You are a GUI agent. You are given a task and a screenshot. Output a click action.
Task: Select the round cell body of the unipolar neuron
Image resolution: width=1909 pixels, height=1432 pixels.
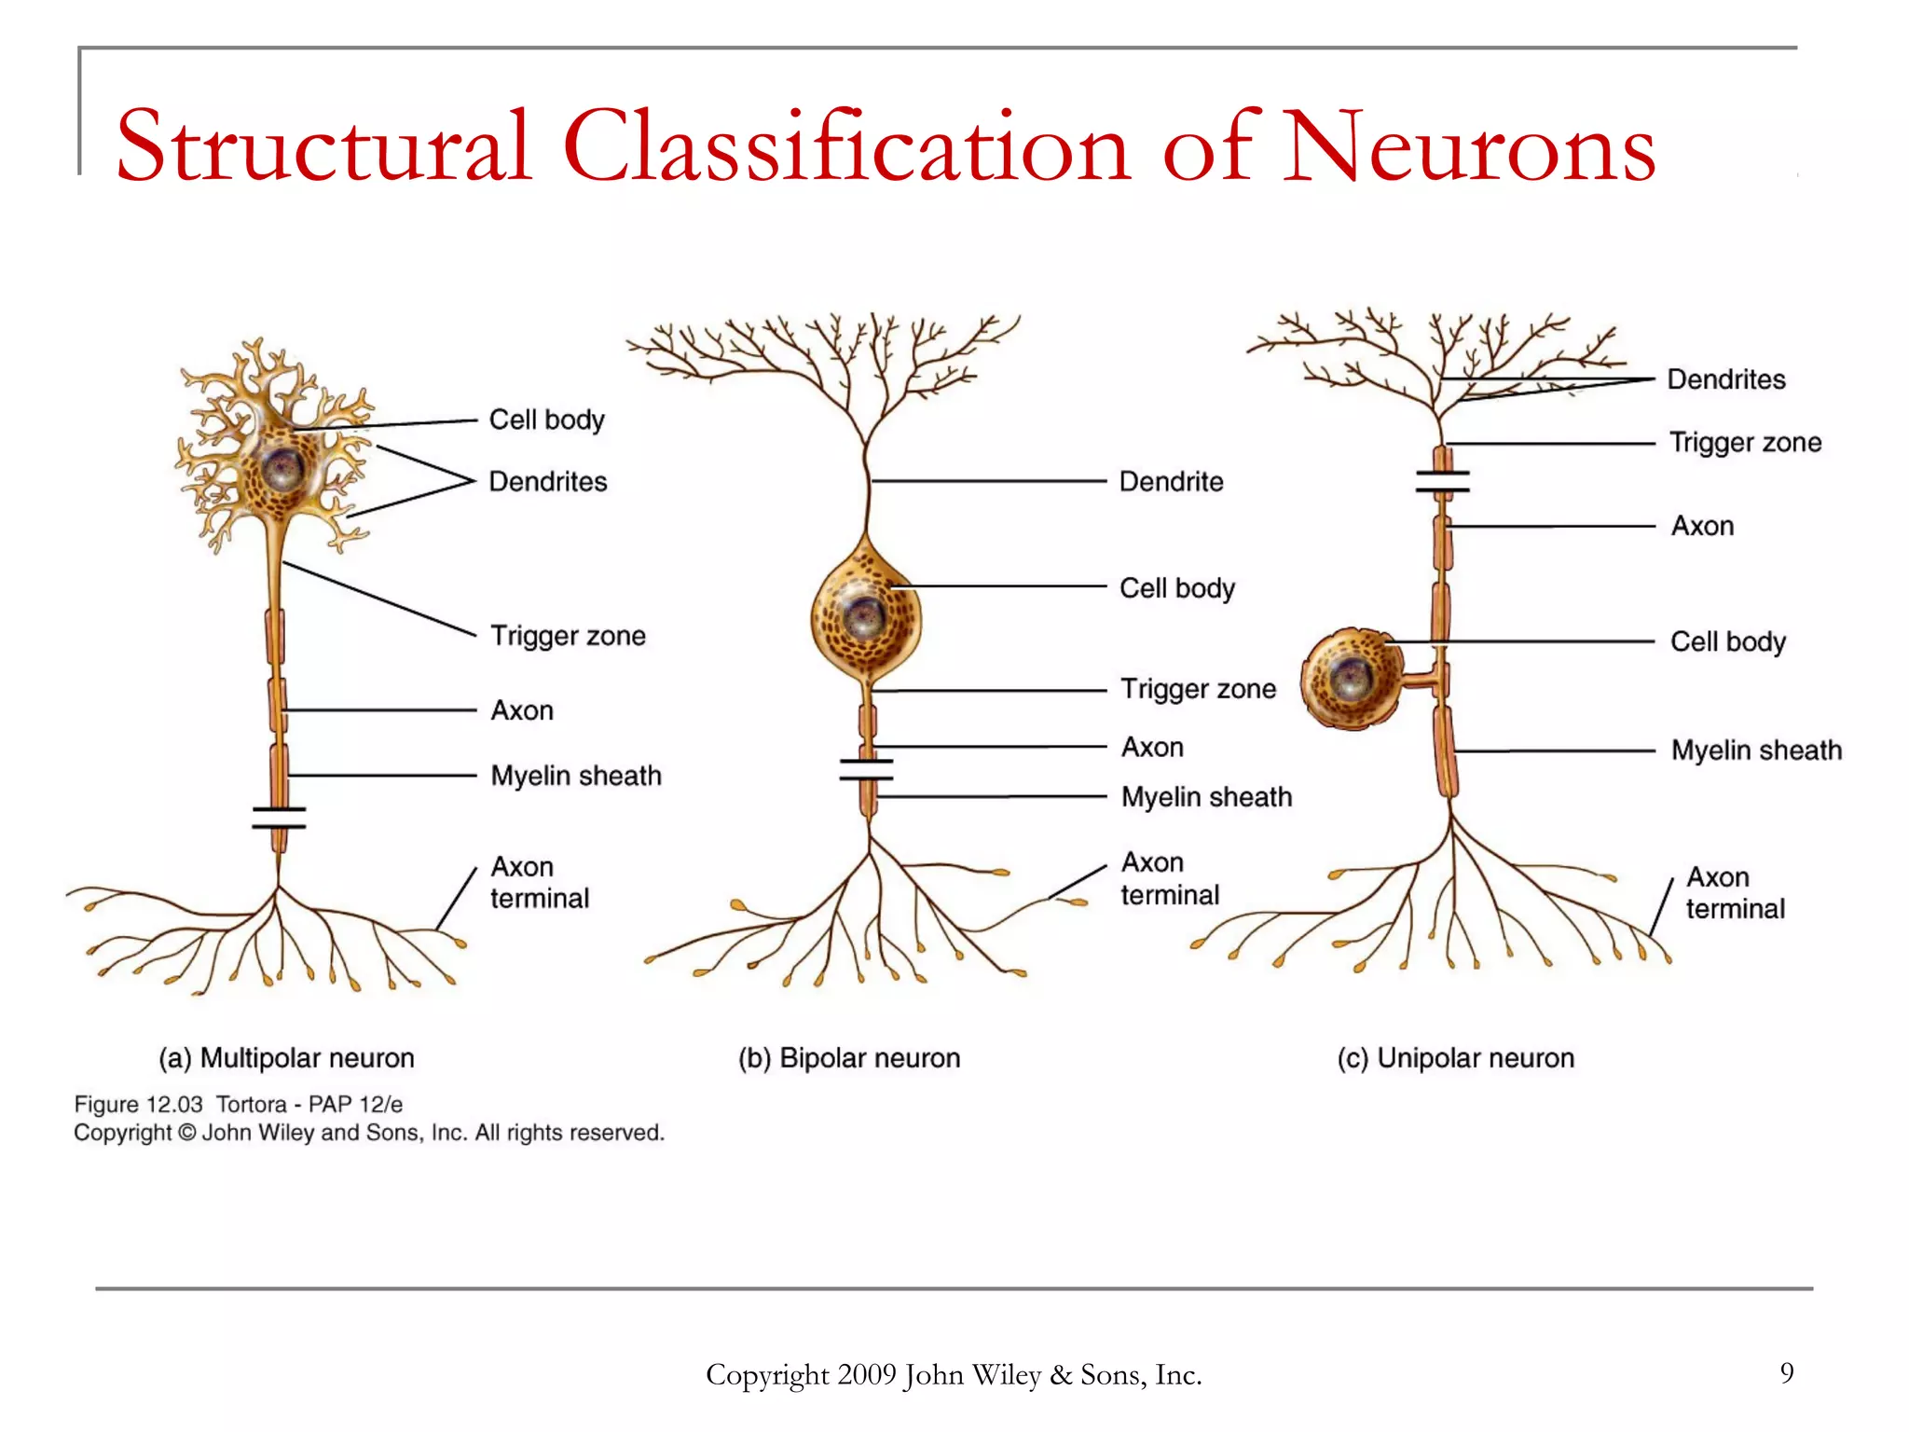pyautogui.click(x=1351, y=678)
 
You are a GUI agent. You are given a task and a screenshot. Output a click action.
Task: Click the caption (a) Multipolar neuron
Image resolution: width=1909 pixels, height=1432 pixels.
pyautogui.click(x=286, y=1058)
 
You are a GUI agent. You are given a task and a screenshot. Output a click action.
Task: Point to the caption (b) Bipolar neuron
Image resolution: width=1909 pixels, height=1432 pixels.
pyautogui.click(x=849, y=1058)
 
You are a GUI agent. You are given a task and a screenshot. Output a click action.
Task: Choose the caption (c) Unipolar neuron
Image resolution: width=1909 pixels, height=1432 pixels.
pyautogui.click(x=1455, y=1058)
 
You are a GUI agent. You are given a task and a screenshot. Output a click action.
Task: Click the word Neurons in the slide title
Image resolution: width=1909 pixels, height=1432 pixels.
pyautogui.click(x=1468, y=147)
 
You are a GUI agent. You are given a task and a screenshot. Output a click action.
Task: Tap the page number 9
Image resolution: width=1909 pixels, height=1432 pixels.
pyautogui.click(x=1786, y=1372)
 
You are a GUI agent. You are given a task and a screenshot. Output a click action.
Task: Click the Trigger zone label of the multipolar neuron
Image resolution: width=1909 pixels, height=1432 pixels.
pyautogui.click(x=568, y=636)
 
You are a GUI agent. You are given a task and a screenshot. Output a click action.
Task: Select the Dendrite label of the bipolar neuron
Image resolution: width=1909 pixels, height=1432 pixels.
pyautogui.click(x=1171, y=482)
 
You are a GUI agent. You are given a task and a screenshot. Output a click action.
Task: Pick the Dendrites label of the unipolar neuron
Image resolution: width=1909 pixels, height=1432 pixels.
pyautogui.click(x=1725, y=379)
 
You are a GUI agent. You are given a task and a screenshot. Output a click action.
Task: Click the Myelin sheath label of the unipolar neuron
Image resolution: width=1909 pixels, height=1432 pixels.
pyautogui.click(x=1756, y=750)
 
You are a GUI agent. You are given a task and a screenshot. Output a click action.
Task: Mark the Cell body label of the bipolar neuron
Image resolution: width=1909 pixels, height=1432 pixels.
pyautogui.click(x=1176, y=588)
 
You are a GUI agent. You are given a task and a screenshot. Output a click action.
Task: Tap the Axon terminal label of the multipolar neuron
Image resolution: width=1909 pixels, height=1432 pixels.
pyautogui.click(x=539, y=882)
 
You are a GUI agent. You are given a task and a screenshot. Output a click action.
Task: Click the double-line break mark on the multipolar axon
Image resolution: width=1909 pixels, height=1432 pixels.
pyautogui.click(x=279, y=818)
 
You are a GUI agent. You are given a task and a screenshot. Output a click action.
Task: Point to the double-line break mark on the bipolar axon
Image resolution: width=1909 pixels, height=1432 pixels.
pyautogui.click(x=866, y=769)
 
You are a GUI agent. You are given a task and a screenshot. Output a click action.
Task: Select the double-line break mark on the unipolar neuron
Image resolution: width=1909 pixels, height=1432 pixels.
pyautogui.click(x=1442, y=481)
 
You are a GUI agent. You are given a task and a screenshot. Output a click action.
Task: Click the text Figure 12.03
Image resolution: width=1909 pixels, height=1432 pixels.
pyautogui.click(x=138, y=1105)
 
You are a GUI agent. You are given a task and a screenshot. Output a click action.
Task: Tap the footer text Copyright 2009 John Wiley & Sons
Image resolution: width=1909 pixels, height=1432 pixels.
pyautogui.click(x=953, y=1374)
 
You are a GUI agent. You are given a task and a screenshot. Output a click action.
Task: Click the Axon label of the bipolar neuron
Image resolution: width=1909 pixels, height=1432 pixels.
pyautogui.click(x=1152, y=748)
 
